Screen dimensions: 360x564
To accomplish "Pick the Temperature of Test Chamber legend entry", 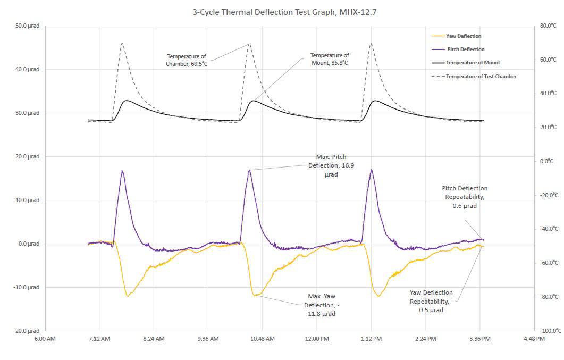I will pyautogui.click(x=481, y=77).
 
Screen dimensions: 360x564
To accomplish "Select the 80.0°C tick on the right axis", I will pyautogui.click(x=547, y=26).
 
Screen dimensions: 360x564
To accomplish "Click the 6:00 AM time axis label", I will pyautogui.click(x=45, y=339).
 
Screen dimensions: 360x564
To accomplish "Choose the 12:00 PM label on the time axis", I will pyautogui.click(x=317, y=339).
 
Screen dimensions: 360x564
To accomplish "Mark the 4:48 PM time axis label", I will pyautogui.click(x=534, y=339).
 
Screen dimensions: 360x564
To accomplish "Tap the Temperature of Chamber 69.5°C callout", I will pyautogui.click(x=187, y=60).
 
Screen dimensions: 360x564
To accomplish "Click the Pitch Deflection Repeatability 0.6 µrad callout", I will pyautogui.click(x=465, y=197).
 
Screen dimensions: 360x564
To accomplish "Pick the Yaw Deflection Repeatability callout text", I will pyautogui.click(x=431, y=301).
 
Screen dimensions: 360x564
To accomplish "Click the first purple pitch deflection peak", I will pyautogui.click(x=122, y=171).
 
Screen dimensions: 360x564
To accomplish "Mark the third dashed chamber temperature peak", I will pyautogui.click(x=371, y=44).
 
